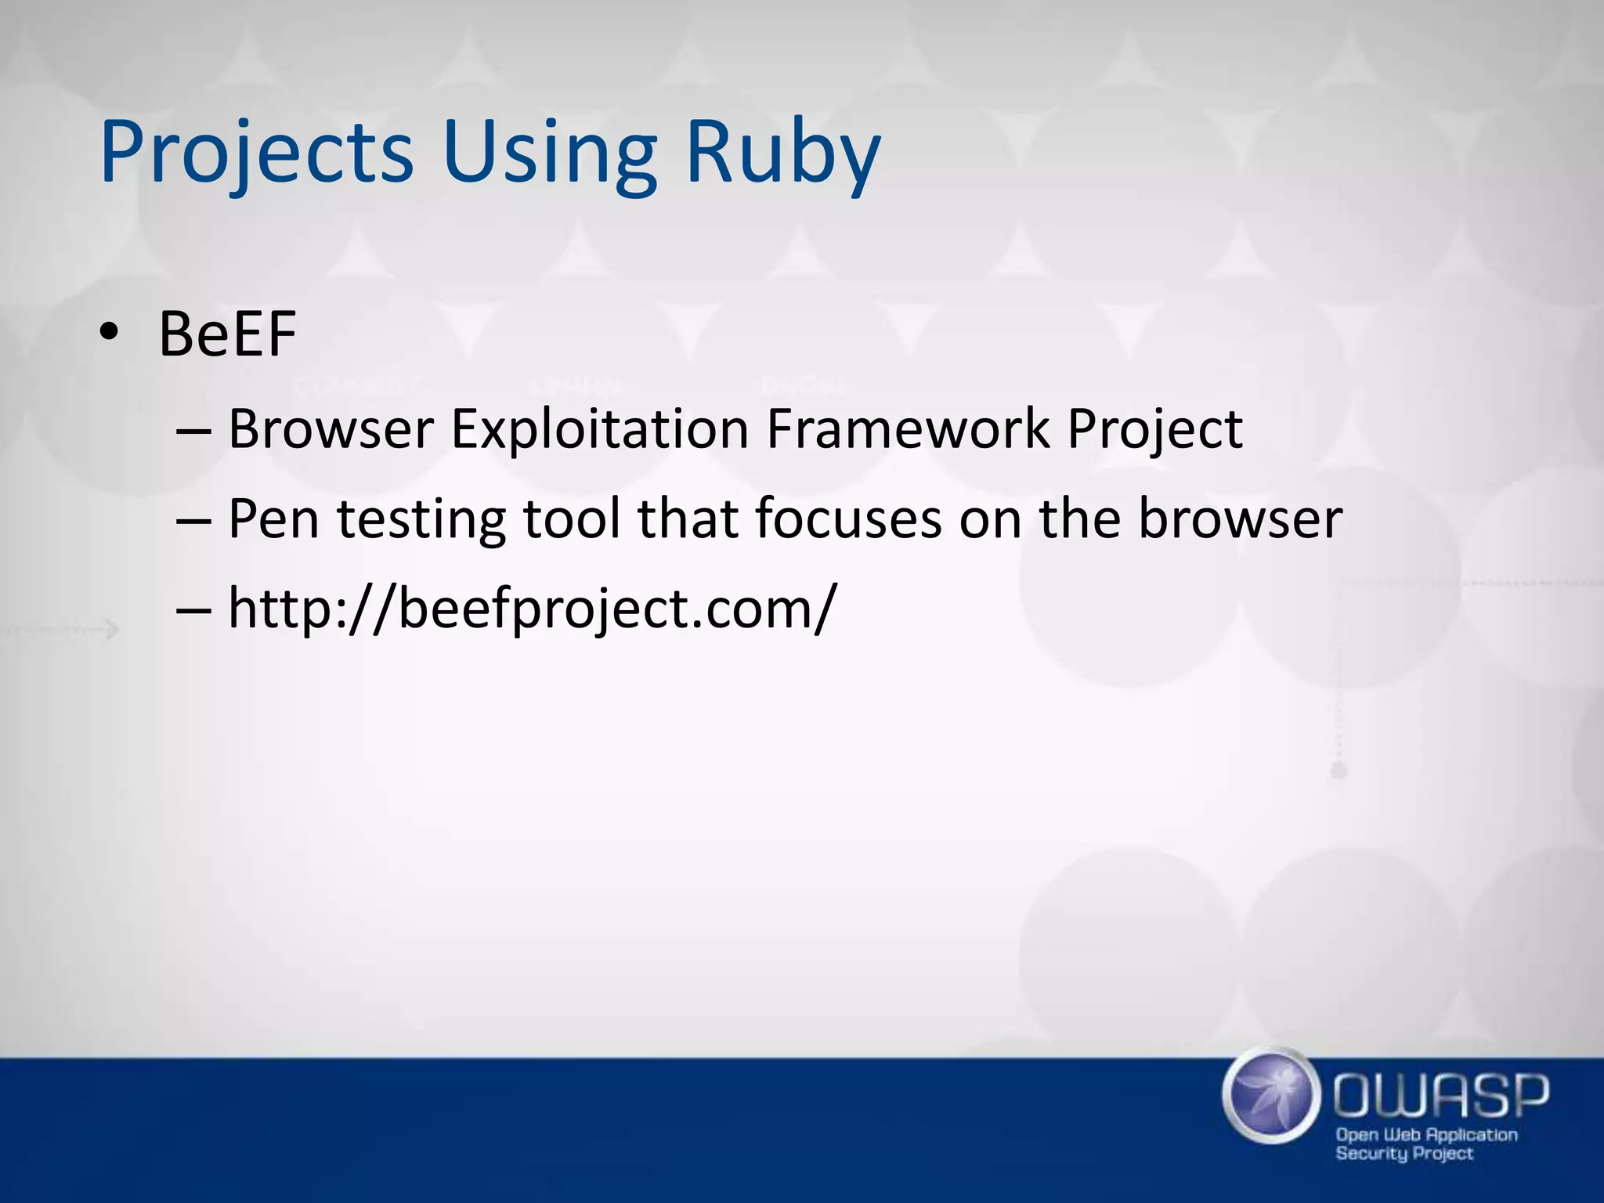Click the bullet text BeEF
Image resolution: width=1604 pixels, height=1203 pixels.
[x=227, y=334]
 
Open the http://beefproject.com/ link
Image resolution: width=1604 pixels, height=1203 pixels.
[x=533, y=608]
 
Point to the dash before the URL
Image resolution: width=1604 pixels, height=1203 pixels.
[x=193, y=609]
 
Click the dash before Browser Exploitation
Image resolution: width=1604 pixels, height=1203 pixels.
[x=193, y=430]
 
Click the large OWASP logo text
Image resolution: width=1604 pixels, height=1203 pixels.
[x=1441, y=1095]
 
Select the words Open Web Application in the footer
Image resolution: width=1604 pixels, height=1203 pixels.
[x=1426, y=1135]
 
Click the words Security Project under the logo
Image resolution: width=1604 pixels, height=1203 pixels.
[x=1404, y=1154]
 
